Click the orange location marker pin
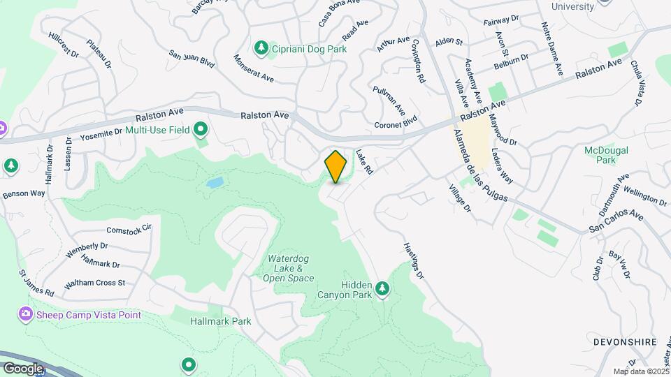(335, 167)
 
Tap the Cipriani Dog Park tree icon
(261, 47)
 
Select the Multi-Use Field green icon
(201, 129)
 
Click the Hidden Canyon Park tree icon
(382, 288)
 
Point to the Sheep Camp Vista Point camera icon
(27, 315)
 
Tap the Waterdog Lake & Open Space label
(288, 268)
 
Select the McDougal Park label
(606, 154)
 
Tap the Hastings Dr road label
(414, 262)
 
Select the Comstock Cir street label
(129, 228)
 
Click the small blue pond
(215, 183)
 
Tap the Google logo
(22, 368)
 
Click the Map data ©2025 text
(640, 371)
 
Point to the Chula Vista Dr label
(637, 83)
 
